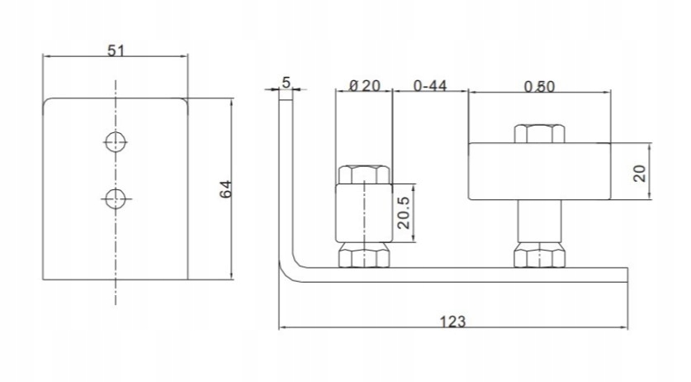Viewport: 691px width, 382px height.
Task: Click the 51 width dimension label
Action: point(116,50)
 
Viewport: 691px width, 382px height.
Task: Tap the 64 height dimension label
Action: point(225,189)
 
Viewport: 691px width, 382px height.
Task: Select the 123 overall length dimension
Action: point(453,321)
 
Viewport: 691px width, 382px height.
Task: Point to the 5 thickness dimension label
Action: point(286,83)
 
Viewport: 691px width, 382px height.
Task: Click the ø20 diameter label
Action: point(364,85)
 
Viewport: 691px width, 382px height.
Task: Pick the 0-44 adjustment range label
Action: point(430,85)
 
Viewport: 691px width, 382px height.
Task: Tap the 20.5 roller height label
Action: point(403,212)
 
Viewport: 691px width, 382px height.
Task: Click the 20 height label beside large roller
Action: point(640,173)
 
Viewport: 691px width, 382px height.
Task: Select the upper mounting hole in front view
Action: point(116,141)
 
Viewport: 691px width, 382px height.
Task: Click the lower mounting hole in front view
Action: point(116,198)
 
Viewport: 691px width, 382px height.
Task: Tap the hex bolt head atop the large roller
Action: point(539,133)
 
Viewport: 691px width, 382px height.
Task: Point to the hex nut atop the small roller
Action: point(364,174)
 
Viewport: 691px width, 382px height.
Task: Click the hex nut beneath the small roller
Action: point(364,255)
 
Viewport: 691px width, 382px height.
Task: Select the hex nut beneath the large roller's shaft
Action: point(539,255)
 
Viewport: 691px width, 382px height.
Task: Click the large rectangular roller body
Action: point(539,171)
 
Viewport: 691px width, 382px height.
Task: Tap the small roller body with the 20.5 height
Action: point(364,212)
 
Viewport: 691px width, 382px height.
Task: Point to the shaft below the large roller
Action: point(539,221)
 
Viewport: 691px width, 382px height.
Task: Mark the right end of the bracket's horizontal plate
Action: point(627,275)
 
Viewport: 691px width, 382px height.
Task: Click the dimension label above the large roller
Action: point(539,87)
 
